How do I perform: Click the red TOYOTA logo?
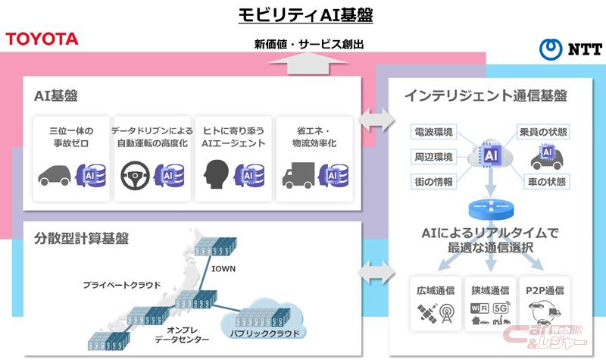click(42, 39)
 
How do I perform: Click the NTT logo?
click(570, 49)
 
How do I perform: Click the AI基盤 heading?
click(56, 96)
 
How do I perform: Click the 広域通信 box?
click(436, 302)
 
